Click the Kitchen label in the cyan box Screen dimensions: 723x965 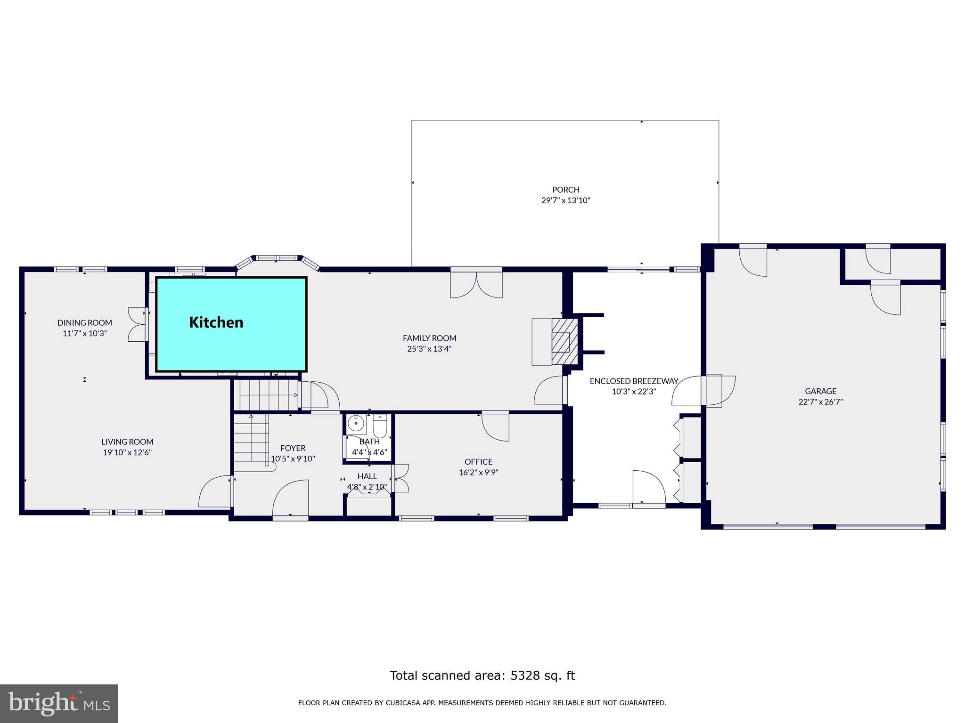coord(216,322)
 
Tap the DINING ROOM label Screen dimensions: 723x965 coord(85,323)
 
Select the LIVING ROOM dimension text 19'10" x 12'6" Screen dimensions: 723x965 coord(127,453)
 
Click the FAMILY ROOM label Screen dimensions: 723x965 coord(429,338)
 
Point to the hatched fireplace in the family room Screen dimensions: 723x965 coord(564,342)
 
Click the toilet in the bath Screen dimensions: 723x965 coord(380,426)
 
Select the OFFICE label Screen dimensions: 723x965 coord(478,462)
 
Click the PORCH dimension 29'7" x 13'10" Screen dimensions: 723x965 coord(565,201)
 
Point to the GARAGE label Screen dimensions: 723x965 coord(820,391)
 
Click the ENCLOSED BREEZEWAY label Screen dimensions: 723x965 coord(634,381)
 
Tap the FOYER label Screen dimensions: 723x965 coord(293,448)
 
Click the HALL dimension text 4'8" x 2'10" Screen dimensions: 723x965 coord(367,487)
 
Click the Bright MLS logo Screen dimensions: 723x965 coord(59,703)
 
